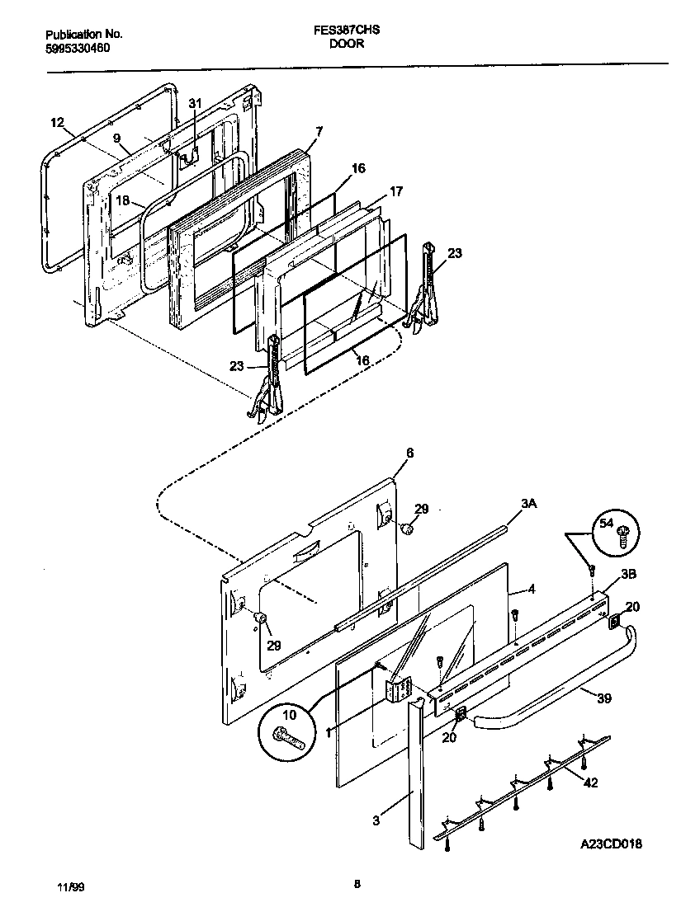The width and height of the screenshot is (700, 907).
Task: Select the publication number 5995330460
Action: coord(78,48)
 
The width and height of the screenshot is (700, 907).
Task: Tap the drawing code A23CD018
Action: coord(610,844)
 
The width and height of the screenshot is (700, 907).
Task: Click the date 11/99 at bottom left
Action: coord(71,886)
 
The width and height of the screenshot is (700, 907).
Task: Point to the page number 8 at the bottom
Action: coord(357,885)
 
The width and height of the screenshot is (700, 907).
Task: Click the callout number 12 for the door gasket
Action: coord(57,123)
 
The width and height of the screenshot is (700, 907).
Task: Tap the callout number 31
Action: coord(195,103)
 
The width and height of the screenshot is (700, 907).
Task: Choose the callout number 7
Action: coord(319,131)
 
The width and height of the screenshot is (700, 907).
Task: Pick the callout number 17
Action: coord(396,191)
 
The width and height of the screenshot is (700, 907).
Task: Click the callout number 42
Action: coord(590,782)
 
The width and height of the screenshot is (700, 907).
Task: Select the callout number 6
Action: coord(409,453)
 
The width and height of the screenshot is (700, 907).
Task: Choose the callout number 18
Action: coord(122,200)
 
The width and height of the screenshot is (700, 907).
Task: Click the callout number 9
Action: coord(116,138)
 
